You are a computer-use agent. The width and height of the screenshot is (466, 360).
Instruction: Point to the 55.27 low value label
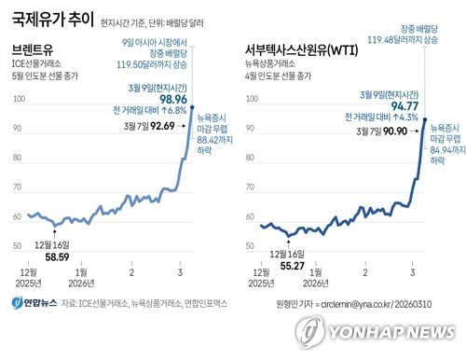(x=290, y=265)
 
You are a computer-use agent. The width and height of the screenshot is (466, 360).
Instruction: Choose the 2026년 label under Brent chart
(x=81, y=284)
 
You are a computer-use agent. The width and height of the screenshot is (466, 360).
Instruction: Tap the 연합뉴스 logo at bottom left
(x=35, y=302)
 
